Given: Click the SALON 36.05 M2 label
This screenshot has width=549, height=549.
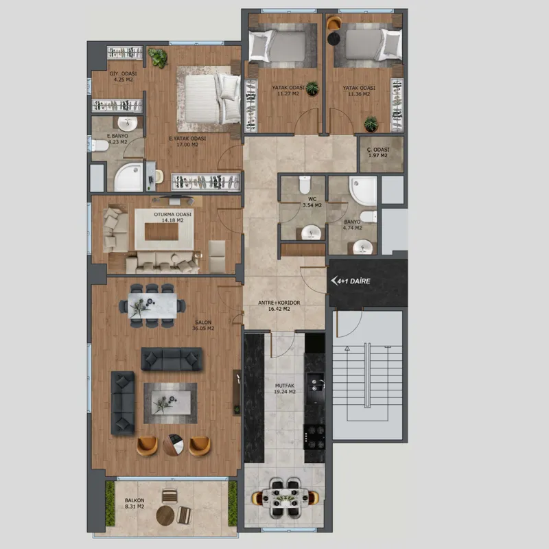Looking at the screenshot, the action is click(x=203, y=325).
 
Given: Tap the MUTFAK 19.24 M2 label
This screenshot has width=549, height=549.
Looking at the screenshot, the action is click(x=285, y=388).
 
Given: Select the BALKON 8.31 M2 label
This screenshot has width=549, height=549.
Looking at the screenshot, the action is click(x=135, y=504).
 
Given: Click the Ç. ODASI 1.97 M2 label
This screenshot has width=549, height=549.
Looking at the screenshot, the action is click(x=378, y=152).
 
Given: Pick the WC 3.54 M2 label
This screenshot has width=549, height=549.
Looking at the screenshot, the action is click(x=312, y=202).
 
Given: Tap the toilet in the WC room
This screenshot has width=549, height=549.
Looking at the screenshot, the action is click(x=305, y=184).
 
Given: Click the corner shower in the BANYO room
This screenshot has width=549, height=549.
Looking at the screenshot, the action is click(x=364, y=190).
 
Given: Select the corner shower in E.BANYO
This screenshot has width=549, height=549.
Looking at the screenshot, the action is click(x=128, y=177).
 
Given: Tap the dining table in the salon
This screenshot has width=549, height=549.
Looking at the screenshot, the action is click(x=152, y=305).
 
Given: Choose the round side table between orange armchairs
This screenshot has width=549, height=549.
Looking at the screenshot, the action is click(x=174, y=445).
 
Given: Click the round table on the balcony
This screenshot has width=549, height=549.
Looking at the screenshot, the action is click(x=165, y=515).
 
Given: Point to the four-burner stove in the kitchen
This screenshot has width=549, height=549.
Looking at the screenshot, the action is click(x=314, y=437).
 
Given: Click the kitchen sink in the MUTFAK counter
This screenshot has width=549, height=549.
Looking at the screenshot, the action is click(x=315, y=384).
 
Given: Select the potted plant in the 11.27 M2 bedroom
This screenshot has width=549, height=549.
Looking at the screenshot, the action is click(x=312, y=89).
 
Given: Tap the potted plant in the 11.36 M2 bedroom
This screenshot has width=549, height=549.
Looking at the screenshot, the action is click(x=371, y=124).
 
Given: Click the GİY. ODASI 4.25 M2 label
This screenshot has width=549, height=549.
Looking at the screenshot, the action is click(x=123, y=76).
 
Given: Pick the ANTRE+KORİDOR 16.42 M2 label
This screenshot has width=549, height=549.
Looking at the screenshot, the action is click(x=279, y=305).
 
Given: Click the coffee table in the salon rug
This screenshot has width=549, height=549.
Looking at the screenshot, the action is click(x=171, y=403).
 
